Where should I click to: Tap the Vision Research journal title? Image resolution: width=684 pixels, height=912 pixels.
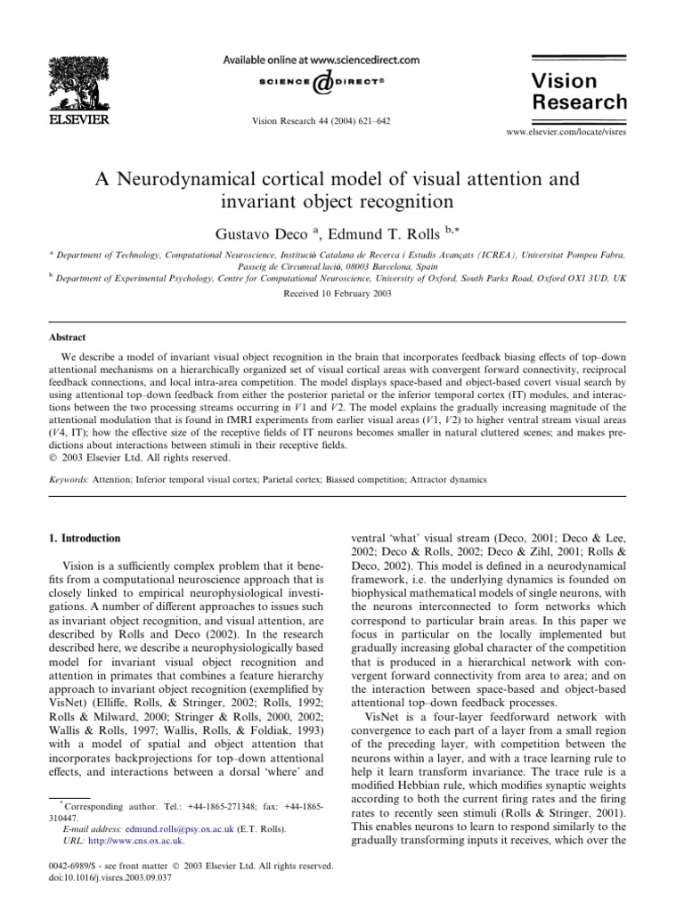pos(579,90)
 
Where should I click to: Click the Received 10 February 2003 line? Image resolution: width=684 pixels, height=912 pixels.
pos(342,291)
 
